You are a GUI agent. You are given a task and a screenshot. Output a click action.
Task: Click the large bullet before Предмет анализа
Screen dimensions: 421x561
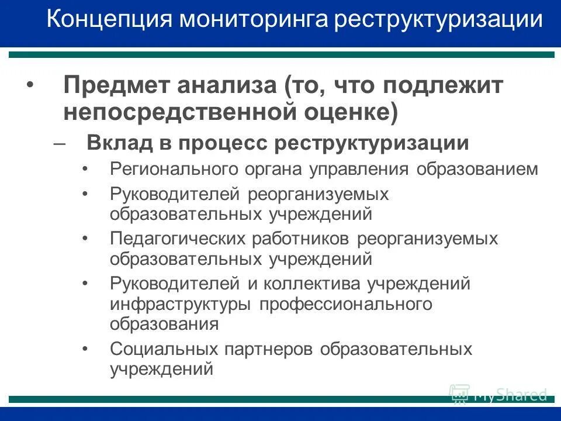pyautogui.click(x=31, y=87)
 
